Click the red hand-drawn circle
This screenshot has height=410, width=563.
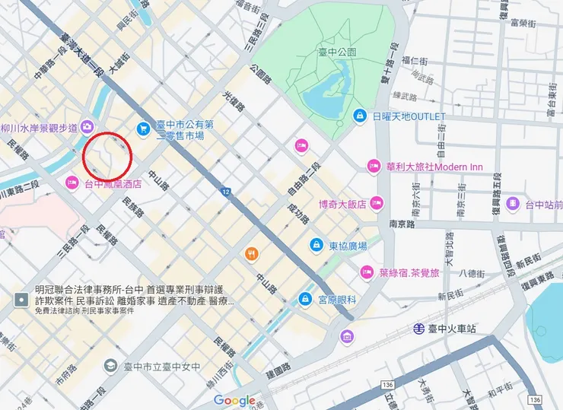107,156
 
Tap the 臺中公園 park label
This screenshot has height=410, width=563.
337,52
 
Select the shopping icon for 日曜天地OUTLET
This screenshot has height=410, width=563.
360,116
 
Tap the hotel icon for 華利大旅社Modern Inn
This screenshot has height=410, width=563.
373,166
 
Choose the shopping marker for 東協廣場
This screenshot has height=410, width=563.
315,246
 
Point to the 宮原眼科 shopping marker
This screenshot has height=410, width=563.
305,298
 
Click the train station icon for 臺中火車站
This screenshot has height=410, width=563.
419,329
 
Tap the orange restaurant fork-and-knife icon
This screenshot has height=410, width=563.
250,253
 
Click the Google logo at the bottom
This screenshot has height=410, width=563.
234,400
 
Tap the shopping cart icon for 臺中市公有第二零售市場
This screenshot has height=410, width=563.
142,129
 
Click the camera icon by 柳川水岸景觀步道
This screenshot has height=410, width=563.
87,127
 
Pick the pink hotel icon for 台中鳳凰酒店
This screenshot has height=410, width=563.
72,183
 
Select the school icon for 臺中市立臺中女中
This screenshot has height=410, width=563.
111,367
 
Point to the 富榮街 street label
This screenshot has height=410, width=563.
525,22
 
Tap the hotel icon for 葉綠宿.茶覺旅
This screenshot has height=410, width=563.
367,272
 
